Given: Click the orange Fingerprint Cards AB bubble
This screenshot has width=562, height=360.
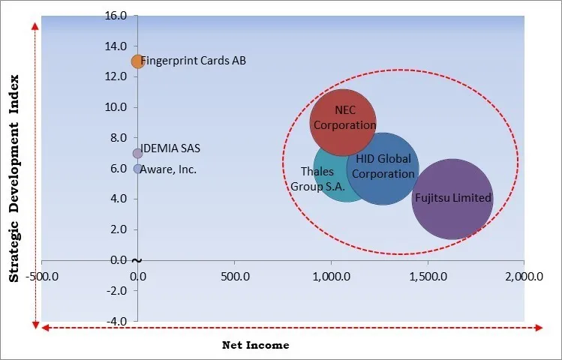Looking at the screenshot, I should point(137,61).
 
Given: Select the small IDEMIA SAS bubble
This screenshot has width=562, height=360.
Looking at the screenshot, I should point(137,153).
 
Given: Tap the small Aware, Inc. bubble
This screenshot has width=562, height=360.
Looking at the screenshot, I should point(137,169).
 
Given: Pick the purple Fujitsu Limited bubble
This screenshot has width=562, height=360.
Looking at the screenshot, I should point(452,199).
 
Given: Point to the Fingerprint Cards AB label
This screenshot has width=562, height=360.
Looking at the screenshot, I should point(194,61).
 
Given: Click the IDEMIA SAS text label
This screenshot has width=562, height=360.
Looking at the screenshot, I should point(170,148).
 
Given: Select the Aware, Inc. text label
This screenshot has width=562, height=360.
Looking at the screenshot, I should point(170,169).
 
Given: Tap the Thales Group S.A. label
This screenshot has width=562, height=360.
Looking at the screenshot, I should point(318,178).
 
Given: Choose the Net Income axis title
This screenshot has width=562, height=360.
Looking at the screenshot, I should point(256,346).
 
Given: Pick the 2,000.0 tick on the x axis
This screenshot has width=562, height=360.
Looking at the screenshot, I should point(523,275).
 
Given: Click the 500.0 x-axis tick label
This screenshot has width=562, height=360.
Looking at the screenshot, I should point(234,275).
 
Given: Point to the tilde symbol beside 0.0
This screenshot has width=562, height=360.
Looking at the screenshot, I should point(136,260).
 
